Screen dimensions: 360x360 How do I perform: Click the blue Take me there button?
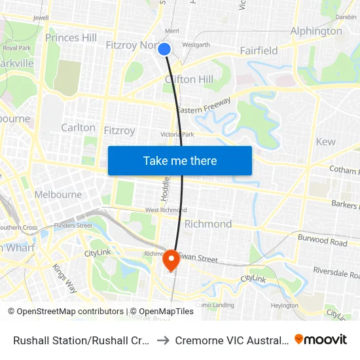pyautogui.click(x=180, y=161)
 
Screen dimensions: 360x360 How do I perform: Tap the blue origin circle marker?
pyautogui.click(x=165, y=49)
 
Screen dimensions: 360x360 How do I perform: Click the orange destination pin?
pyautogui.click(x=171, y=260)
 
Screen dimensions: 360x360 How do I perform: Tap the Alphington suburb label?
pyautogui.click(x=316, y=31)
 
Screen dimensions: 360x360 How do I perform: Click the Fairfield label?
pyautogui.click(x=259, y=50)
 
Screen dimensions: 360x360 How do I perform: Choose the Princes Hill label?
pyautogui.click(x=71, y=38)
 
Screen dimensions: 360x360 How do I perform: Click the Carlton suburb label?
pyautogui.click(x=78, y=128)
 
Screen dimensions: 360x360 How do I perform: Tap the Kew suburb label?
pyautogui.click(x=325, y=141)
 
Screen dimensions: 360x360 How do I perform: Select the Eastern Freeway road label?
pyautogui.click(x=204, y=106)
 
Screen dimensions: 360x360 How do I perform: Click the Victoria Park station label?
pyautogui.click(x=177, y=135)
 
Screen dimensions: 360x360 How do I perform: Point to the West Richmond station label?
pyautogui.click(x=166, y=210)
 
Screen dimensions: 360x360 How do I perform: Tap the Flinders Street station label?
pyautogui.click(x=73, y=226)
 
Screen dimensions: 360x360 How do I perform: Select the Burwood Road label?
pyautogui.click(x=321, y=241)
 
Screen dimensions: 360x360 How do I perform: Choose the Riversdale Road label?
pyautogui.click(x=335, y=272)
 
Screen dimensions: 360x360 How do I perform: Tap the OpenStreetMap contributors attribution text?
pyautogui.click(x=66, y=312)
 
